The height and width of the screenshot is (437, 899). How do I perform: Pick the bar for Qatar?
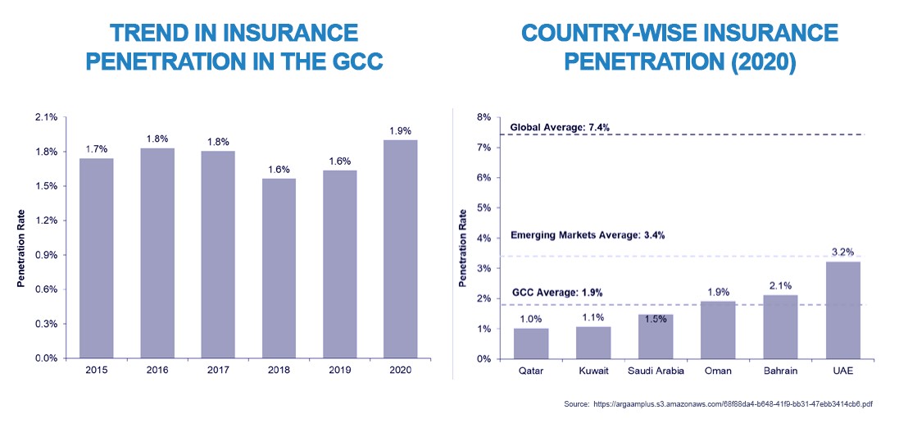tap(530, 344)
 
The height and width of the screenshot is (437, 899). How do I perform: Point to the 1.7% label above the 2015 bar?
tap(97, 148)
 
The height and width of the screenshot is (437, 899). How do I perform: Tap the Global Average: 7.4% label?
tap(559, 127)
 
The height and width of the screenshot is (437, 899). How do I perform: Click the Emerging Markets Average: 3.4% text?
tap(587, 235)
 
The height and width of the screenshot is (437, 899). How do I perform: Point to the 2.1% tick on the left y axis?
tap(46, 117)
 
